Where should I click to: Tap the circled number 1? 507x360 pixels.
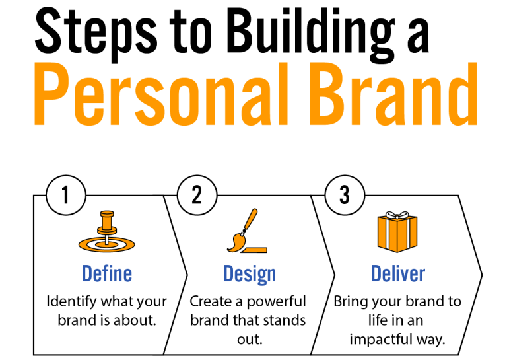coord(65,196)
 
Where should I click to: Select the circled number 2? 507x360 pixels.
coord(196,196)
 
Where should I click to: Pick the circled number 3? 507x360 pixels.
coord(344,196)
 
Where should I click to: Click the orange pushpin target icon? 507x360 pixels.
coord(106,233)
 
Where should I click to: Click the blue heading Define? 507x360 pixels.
coord(106,273)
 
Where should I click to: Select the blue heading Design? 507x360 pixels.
coord(249,273)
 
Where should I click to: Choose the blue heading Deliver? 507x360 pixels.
coord(397,273)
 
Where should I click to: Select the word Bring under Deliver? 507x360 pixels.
coord(349,302)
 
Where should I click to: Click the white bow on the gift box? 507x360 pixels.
coord(397,215)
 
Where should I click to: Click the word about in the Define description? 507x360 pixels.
coord(136,321)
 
